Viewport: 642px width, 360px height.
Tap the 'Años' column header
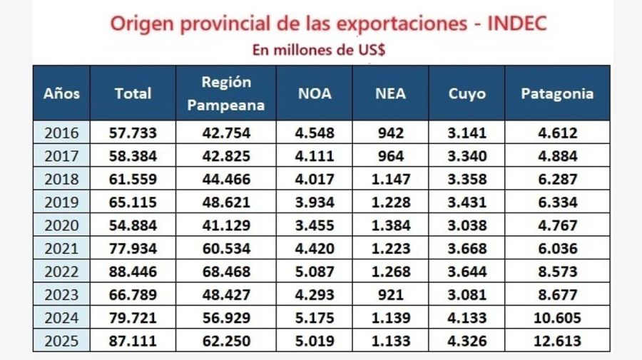pyautogui.click(x=61, y=93)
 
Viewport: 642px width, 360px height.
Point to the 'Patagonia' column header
pyautogui.click(x=557, y=93)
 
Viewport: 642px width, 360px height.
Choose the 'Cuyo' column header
pyautogui.click(x=467, y=93)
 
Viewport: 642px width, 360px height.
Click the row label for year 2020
pyautogui.click(x=61, y=225)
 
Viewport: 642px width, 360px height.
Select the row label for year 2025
pyautogui.click(x=61, y=341)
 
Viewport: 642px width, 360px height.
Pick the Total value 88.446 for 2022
pyautogui.click(x=133, y=272)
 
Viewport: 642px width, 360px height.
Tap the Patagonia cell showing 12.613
pyautogui.click(x=557, y=341)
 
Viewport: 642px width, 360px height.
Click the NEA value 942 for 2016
pyautogui.click(x=390, y=133)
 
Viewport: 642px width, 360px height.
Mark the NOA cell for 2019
pyautogui.click(x=315, y=202)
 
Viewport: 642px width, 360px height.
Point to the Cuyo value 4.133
pyautogui.click(x=467, y=318)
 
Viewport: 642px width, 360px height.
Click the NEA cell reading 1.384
pyautogui.click(x=390, y=225)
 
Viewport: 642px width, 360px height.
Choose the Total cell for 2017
pyautogui.click(x=133, y=155)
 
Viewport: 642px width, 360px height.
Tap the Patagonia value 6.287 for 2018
pyautogui.click(x=557, y=179)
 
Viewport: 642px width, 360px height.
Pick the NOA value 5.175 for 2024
pyautogui.click(x=315, y=318)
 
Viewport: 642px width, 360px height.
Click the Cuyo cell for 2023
pyautogui.click(x=467, y=294)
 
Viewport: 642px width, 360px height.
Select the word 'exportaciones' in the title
pyautogui.click(x=389, y=24)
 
